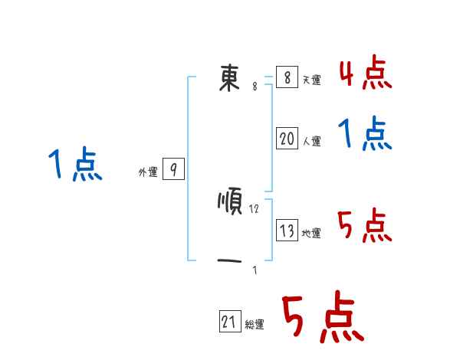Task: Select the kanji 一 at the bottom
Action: [x=230, y=262]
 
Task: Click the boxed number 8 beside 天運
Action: [x=287, y=77]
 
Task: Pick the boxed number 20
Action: [x=287, y=139]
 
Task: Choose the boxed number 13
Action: [x=287, y=231]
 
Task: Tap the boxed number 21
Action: [x=230, y=322]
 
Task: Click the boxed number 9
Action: [x=173, y=170]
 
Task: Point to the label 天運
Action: [x=311, y=80]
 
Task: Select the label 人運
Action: [x=311, y=141]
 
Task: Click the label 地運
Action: [x=311, y=233]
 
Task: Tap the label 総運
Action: [x=255, y=325]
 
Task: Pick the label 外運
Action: [x=148, y=172]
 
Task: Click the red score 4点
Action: [x=365, y=74]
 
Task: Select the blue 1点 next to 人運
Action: [x=365, y=135]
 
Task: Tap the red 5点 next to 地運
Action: [x=365, y=226]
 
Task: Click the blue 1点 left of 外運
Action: [x=74, y=165]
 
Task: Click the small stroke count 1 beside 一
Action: [x=255, y=270]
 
